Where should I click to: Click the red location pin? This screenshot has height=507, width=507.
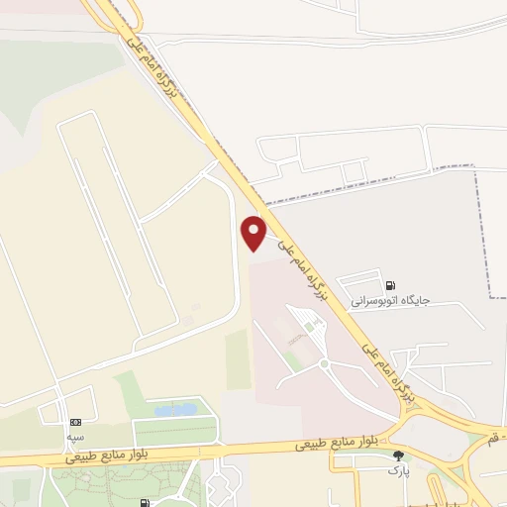pyautogui.click(x=254, y=232)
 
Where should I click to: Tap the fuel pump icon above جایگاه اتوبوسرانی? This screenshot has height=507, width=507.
pyautogui.click(x=390, y=282)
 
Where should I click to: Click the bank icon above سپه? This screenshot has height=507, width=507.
pyautogui.click(x=76, y=421)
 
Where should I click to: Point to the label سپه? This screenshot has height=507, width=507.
pyautogui.click(x=76, y=436)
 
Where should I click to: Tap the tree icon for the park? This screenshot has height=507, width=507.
pyautogui.click(x=400, y=456)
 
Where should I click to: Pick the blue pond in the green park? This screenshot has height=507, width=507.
pyautogui.click(x=176, y=409)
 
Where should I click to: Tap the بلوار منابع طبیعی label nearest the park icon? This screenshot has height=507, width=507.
pyautogui.click(x=337, y=445)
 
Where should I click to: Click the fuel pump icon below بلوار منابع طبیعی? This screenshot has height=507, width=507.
pyautogui.click(x=147, y=503)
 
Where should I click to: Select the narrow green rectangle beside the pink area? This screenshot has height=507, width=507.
pyautogui.click(x=238, y=358)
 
